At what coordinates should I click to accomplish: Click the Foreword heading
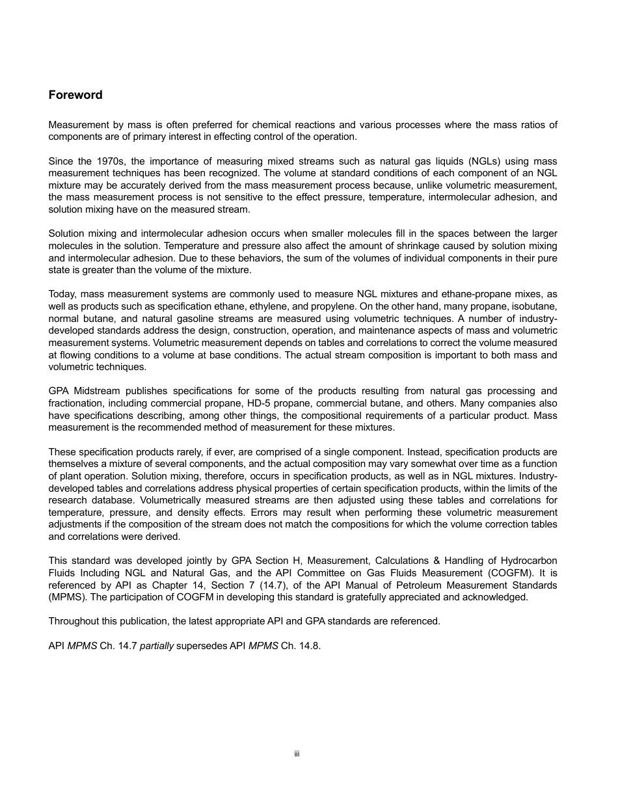click(75, 95)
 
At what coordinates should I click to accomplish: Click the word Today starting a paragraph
click(62, 295)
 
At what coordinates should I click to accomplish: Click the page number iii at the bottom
click(296, 754)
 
